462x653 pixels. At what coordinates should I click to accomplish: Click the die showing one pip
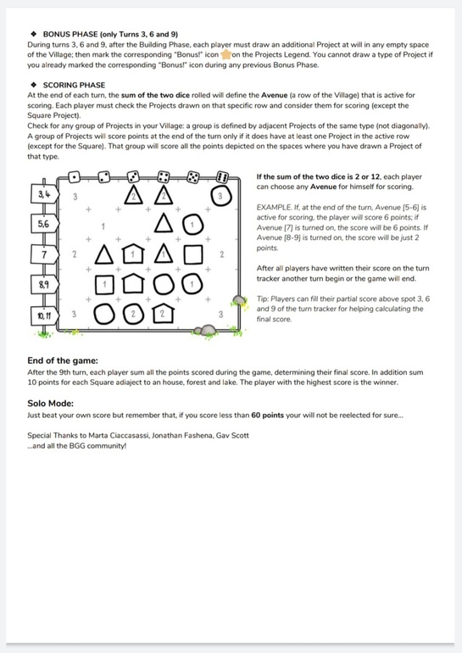pyautogui.click(x=74, y=177)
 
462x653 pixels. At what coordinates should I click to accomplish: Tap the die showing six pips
pyautogui.click(x=222, y=177)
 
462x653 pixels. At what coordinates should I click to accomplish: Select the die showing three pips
pyautogui.click(x=133, y=177)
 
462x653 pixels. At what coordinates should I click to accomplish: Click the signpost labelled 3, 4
pyautogui.click(x=45, y=194)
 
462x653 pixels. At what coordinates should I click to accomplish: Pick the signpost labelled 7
pyautogui.click(x=45, y=254)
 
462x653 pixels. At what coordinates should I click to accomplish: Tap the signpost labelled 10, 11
pyautogui.click(x=45, y=315)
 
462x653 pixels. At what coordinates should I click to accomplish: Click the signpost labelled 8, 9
pyautogui.click(x=45, y=285)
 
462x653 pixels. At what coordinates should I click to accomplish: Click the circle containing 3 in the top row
pyautogui.click(x=220, y=196)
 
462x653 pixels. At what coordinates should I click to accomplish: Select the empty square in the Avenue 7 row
pyautogui.click(x=193, y=255)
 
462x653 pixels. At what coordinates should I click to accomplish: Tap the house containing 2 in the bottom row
pyautogui.click(x=163, y=314)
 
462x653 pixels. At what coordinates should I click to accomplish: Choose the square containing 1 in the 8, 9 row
pyautogui.click(x=104, y=285)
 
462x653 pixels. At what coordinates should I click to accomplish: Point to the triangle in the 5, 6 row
pyautogui.click(x=164, y=223)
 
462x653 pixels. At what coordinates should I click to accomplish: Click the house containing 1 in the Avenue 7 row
pyautogui.click(x=133, y=254)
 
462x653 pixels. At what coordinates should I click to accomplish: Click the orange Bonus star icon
pyautogui.click(x=225, y=54)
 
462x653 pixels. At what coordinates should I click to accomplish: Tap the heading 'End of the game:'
pyautogui.click(x=63, y=360)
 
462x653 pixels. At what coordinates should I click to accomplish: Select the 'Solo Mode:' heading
pyautogui.click(x=50, y=403)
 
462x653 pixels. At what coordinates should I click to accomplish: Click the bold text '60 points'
pyautogui.click(x=267, y=416)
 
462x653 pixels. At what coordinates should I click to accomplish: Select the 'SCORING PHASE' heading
pyautogui.click(x=74, y=85)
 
